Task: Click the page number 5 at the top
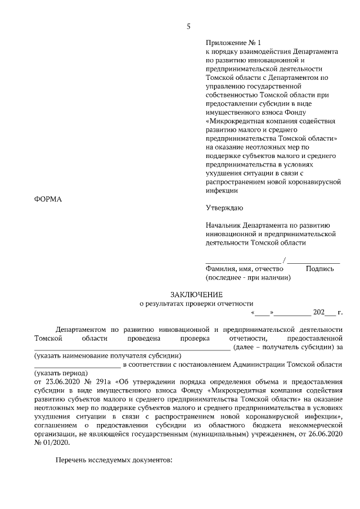189,26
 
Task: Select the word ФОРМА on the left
47,199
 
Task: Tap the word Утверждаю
224,209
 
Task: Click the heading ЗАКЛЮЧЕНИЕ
196,294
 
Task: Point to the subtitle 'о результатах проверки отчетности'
196,303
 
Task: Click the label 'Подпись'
319,269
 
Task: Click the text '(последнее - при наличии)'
247,277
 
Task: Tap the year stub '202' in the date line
319,312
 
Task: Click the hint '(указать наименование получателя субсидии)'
107,355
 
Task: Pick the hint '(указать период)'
61,373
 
